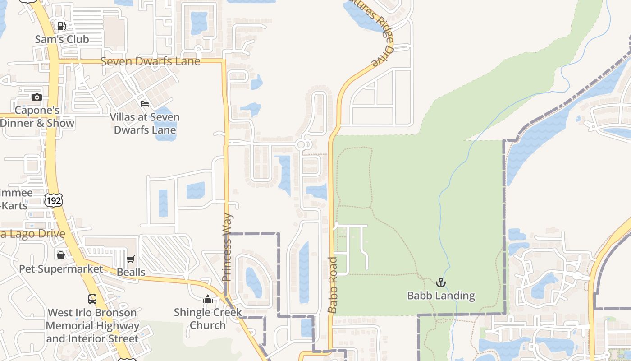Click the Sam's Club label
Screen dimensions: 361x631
click(x=62, y=39)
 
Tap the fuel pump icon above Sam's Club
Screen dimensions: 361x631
click(x=62, y=26)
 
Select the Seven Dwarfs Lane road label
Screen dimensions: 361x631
click(x=150, y=61)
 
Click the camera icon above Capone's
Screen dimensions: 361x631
click(x=37, y=97)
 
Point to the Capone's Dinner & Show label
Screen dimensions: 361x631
click(x=37, y=117)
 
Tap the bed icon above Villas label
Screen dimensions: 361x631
click(x=145, y=104)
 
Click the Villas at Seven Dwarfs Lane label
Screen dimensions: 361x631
click(x=145, y=124)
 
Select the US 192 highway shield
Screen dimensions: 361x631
click(x=54, y=199)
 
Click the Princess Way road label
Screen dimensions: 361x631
click(x=228, y=247)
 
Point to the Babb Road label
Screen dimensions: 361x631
click(x=333, y=285)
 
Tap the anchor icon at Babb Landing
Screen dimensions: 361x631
click(x=441, y=282)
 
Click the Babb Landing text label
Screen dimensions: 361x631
click(x=441, y=296)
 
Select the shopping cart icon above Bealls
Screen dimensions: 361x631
click(x=131, y=259)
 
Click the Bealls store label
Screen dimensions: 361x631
click(x=131, y=272)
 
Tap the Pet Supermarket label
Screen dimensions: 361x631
click(x=61, y=269)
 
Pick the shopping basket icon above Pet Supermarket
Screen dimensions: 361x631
click(x=61, y=256)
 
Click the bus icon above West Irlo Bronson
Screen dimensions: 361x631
click(x=92, y=299)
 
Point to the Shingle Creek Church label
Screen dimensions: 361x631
click(x=208, y=319)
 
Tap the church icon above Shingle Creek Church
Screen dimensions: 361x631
click(x=208, y=299)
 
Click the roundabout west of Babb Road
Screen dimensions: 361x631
click(x=303, y=144)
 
